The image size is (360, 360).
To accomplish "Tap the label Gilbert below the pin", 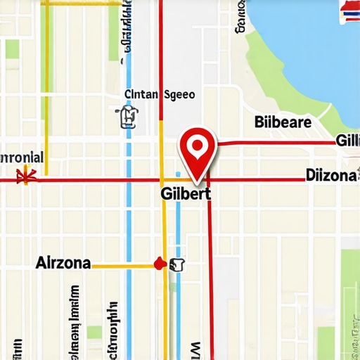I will coord(186,193).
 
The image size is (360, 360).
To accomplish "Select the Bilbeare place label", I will coord(281,122).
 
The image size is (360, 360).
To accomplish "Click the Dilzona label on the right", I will coord(330,175).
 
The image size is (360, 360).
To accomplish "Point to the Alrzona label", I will coord(63,263).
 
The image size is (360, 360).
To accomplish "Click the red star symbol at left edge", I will coord(28,176).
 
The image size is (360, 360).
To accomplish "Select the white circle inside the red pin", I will coord(198,145).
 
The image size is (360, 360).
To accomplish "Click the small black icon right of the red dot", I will coord(176,264).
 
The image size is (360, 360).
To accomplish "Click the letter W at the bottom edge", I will coord(195,349).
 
